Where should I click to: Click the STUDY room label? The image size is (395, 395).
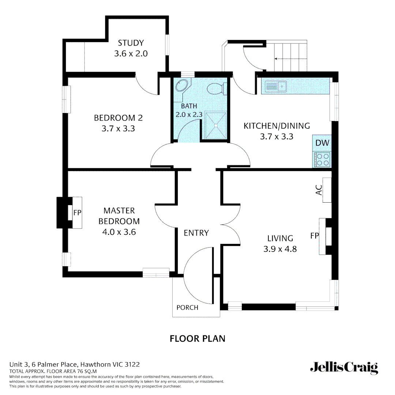[131, 43]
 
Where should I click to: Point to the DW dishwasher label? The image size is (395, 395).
[322, 143]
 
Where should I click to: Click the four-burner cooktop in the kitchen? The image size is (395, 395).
[322, 159]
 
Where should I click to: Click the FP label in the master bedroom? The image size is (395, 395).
[77, 213]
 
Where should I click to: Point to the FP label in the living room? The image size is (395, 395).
[314, 236]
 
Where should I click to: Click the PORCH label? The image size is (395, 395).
[187, 308]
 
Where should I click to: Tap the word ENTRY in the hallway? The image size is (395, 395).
[196, 233]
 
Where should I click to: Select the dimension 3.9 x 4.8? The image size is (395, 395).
[280, 249]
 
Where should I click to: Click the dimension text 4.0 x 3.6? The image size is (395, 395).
[119, 232]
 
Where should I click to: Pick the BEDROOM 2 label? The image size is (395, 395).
[118, 118]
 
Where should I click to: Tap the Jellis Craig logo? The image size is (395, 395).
[344, 368]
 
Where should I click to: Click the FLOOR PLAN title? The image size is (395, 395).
[197, 339]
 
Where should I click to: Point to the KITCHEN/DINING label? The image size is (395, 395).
[277, 126]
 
